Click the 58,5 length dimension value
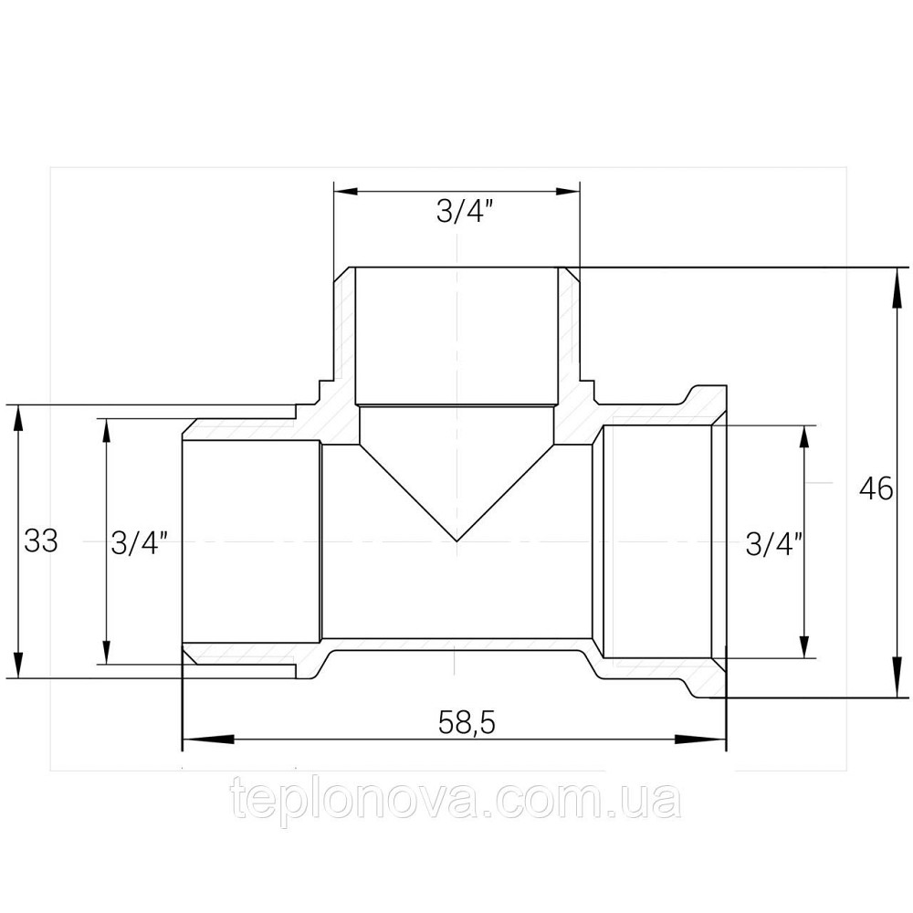coord(467,724)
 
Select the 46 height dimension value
coord(876,488)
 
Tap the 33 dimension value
coord(41,540)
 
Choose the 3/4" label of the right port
coord(774,546)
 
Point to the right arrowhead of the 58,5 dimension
coord(701,740)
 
